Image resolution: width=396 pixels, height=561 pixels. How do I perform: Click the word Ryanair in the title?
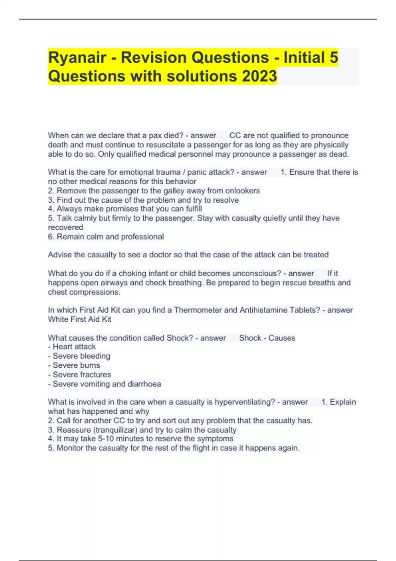click(x=77, y=58)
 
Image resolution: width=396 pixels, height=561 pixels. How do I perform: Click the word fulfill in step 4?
click(x=194, y=209)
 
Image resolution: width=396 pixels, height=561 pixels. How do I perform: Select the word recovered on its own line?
click(x=65, y=227)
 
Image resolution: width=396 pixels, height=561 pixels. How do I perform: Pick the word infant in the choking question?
click(x=145, y=273)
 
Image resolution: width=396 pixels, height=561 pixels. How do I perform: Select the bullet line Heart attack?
click(x=74, y=347)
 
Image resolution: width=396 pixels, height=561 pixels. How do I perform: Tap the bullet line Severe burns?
click(x=76, y=365)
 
